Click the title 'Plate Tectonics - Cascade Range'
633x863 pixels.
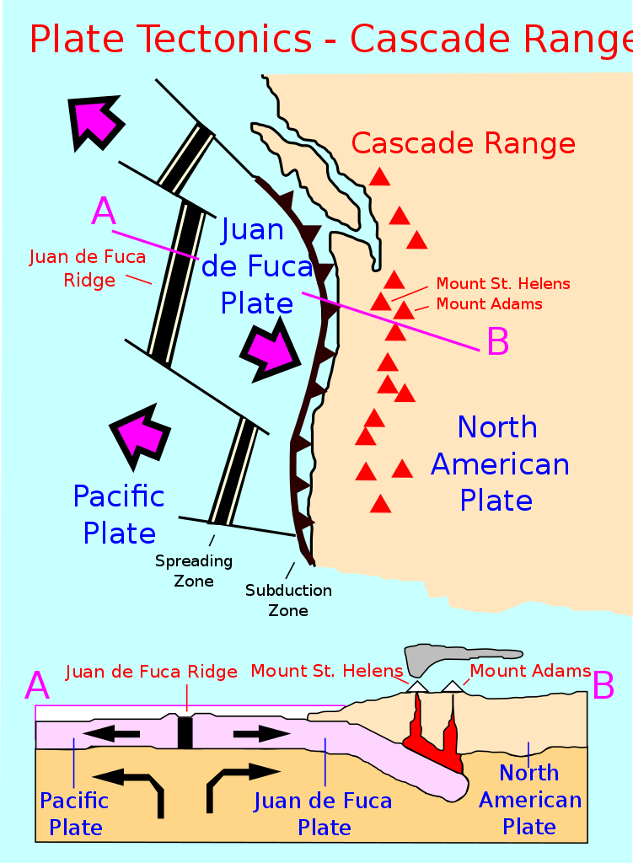click(331, 39)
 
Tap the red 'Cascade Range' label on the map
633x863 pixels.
click(464, 143)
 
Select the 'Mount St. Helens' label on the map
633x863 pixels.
click(503, 284)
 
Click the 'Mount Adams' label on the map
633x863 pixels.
click(490, 303)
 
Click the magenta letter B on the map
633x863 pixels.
click(498, 341)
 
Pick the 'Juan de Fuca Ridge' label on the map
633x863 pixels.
click(88, 268)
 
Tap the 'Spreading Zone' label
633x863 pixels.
click(194, 571)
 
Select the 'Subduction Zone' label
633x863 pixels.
click(288, 600)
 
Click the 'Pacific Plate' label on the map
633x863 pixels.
click(119, 515)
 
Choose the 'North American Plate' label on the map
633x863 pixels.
click(500, 464)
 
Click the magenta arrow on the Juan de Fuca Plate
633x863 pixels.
click(271, 350)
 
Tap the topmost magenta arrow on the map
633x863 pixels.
click(94, 122)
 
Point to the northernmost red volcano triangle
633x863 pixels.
click(379, 177)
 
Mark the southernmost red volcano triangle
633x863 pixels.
click(380, 504)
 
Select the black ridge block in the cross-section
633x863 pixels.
click(185, 732)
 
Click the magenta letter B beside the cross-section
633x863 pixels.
click(603, 686)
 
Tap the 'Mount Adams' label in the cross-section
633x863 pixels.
click(530, 671)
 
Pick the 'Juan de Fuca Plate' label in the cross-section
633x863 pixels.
click(323, 814)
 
